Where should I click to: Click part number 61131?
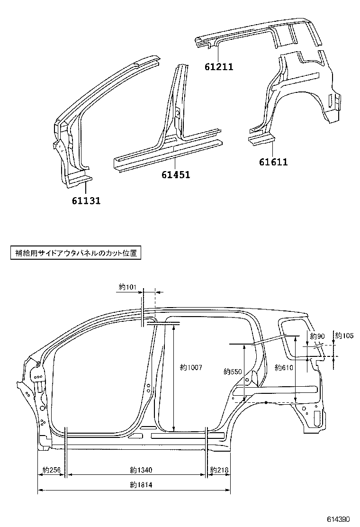[86, 201]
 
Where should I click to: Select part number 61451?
[176, 175]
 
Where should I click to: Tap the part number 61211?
[219, 67]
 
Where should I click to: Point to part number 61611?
[273, 162]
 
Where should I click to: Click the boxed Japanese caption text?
[76, 253]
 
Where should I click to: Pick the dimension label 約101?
[127, 287]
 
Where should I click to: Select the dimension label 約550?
[233, 372]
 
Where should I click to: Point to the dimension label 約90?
[316, 336]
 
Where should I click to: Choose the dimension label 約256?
[52, 470]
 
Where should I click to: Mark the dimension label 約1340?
[140, 470]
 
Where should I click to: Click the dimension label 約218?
[219, 470]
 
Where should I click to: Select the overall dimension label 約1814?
[140, 485]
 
